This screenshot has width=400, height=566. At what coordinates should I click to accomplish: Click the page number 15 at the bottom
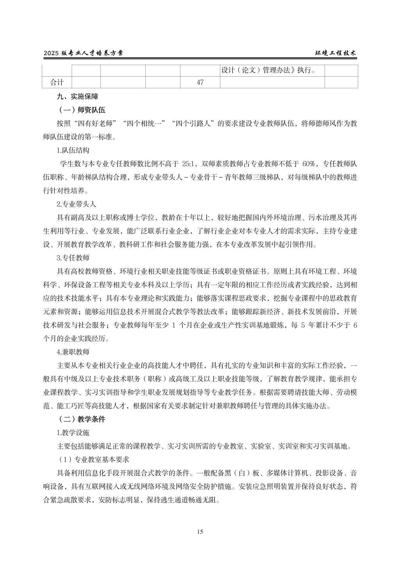point(200,532)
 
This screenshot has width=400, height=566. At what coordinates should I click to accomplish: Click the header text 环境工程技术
point(336,54)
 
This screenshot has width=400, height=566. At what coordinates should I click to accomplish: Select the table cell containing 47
point(200,82)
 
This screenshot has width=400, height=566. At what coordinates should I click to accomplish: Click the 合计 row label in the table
point(57,82)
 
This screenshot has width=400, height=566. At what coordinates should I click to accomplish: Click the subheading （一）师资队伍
point(82,110)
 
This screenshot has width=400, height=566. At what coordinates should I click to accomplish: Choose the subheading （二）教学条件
point(82,419)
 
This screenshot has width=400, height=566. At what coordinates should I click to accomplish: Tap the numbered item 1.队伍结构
point(73,150)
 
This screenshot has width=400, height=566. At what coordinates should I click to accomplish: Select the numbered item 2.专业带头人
point(76,204)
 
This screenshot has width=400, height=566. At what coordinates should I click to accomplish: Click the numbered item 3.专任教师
point(73,258)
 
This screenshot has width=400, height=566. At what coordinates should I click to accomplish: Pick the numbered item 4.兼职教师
point(73,352)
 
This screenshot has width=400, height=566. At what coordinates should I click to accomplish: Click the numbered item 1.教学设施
point(73,433)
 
